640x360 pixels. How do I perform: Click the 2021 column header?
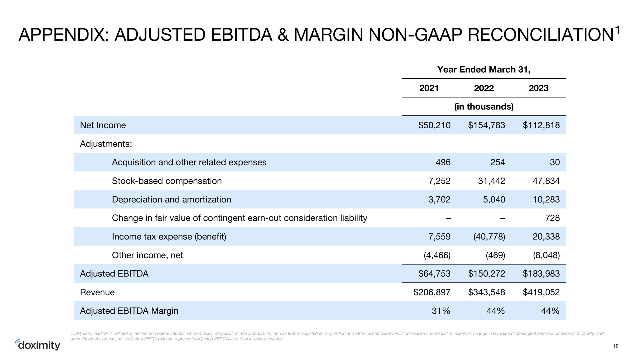[x=429, y=88]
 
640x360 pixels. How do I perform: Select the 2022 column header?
[x=484, y=88]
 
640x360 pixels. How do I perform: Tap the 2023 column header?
[x=538, y=88]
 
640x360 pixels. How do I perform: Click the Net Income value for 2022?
[x=486, y=125]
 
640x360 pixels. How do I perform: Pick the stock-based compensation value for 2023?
[x=546, y=181]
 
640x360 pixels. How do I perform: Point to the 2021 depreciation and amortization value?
[x=439, y=200]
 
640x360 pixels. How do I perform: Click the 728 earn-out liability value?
[x=553, y=218]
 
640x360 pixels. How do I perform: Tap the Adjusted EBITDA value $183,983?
[x=541, y=274]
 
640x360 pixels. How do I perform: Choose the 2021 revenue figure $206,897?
[x=432, y=292]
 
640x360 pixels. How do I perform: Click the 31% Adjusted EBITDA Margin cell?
[x=441, y=311]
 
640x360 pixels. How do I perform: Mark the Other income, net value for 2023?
[x=546, y=255]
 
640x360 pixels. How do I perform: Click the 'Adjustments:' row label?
[x=106, y=144]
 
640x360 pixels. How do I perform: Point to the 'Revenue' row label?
[x=97, y=292]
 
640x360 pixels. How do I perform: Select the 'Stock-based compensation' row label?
[x=167, y=181]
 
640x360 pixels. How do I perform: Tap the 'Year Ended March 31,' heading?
[x=484, y=70]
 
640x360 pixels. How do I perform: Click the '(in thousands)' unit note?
[x=484, y=107]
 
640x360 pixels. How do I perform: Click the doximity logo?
[x=38, y=345]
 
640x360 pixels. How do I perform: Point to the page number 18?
[x=616, y=346]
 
